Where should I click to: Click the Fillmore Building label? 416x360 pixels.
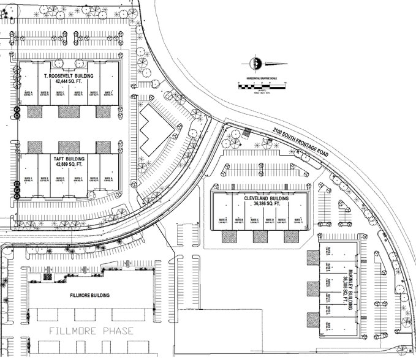[x=89, y=296]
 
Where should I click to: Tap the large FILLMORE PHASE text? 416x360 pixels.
[x=91, y=331]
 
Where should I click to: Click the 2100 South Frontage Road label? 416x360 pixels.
[x=301, y=142]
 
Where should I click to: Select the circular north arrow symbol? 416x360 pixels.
[x=255, y=63]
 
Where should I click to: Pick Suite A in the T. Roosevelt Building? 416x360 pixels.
[x=28, y=93]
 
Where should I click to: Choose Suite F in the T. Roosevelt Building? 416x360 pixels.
[x=109, y=93]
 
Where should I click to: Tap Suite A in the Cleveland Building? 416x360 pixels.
[x=222, y=220]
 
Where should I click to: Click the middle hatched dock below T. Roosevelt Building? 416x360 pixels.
[x=69, y=112]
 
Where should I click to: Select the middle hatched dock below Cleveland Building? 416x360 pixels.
[x=260, y=236]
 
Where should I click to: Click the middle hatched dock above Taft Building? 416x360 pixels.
[x=69, y=147]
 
